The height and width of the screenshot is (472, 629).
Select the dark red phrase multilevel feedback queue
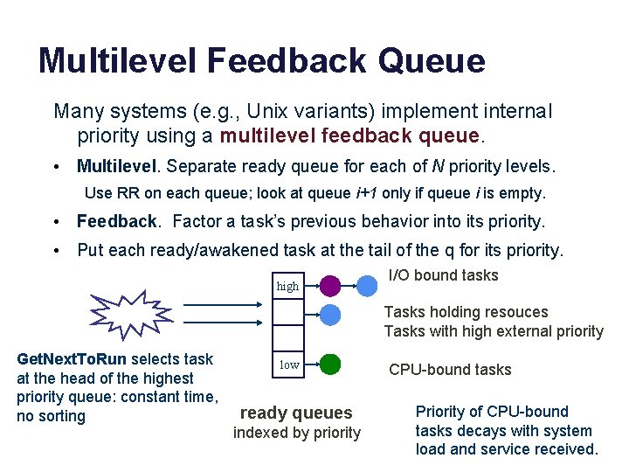click(x=350, y=136)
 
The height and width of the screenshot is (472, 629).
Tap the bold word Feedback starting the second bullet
click(x=117, y=221)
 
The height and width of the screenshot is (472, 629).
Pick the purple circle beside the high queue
click(x=330, y=285)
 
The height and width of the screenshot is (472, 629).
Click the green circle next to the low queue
click(x=330, y=364)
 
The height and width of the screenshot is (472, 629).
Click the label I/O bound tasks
click(x=443, y=276)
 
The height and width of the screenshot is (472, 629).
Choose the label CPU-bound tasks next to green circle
click(x=450, y=370)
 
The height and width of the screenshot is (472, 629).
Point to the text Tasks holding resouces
click(x=466, y=312)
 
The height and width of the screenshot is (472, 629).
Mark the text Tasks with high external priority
click(x=494, y=331)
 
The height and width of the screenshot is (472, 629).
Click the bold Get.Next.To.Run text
click(x=72, y=359)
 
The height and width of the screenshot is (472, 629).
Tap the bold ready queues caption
click(x=296, y=413)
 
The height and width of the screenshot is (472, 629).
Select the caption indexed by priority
click(x=296, y=433)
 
